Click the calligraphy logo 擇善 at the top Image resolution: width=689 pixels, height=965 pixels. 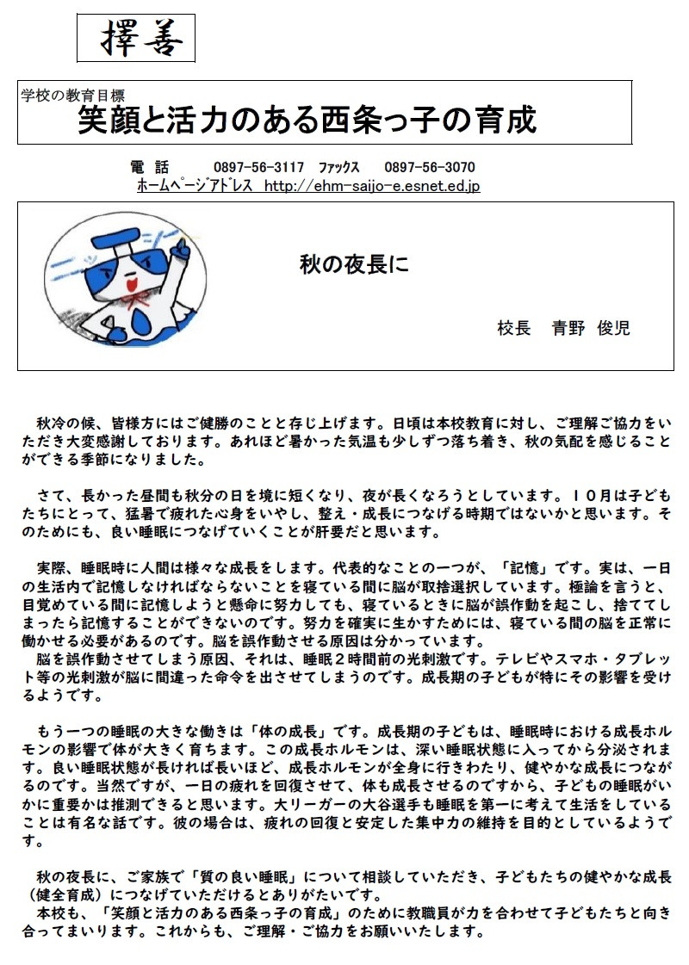click(x=136, y=39)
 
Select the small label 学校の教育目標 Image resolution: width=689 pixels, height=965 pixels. click(x=73, y=96)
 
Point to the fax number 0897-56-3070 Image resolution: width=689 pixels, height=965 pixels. click(x=430, y=167)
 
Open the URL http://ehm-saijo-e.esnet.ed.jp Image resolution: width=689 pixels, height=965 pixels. click(x=372, y=186)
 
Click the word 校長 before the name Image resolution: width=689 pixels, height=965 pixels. click(x=514, y=328)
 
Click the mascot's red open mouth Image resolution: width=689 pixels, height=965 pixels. click(x=129, y=284)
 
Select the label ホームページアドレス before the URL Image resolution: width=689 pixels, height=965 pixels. click(x=195, y=186)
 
